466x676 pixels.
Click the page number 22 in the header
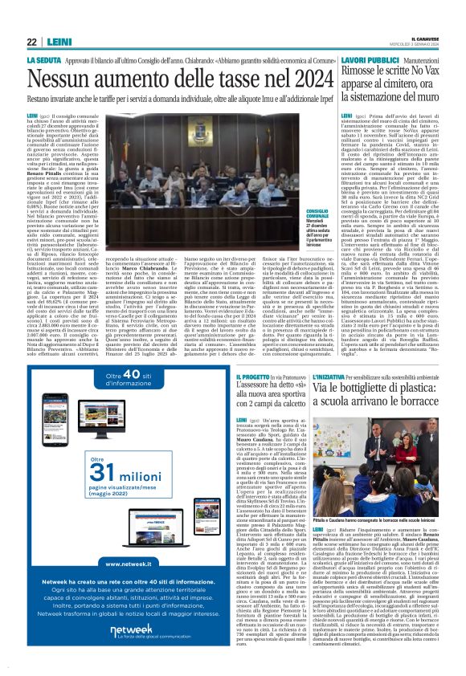tap(32, 42)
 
